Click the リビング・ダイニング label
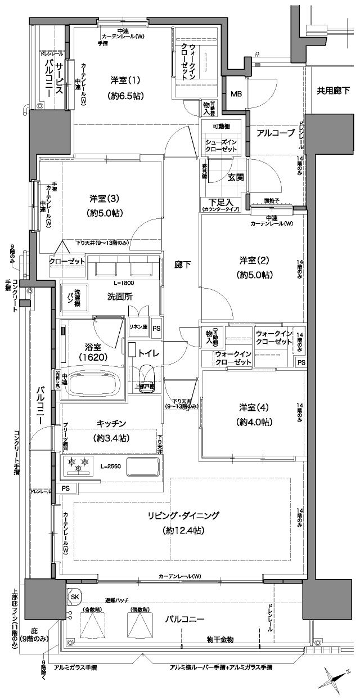[184, 515]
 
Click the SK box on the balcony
[74, 596]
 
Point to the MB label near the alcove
[236, 93]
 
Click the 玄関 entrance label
[235, 177]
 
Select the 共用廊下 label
[333, 89]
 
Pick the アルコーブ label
[276, 133]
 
